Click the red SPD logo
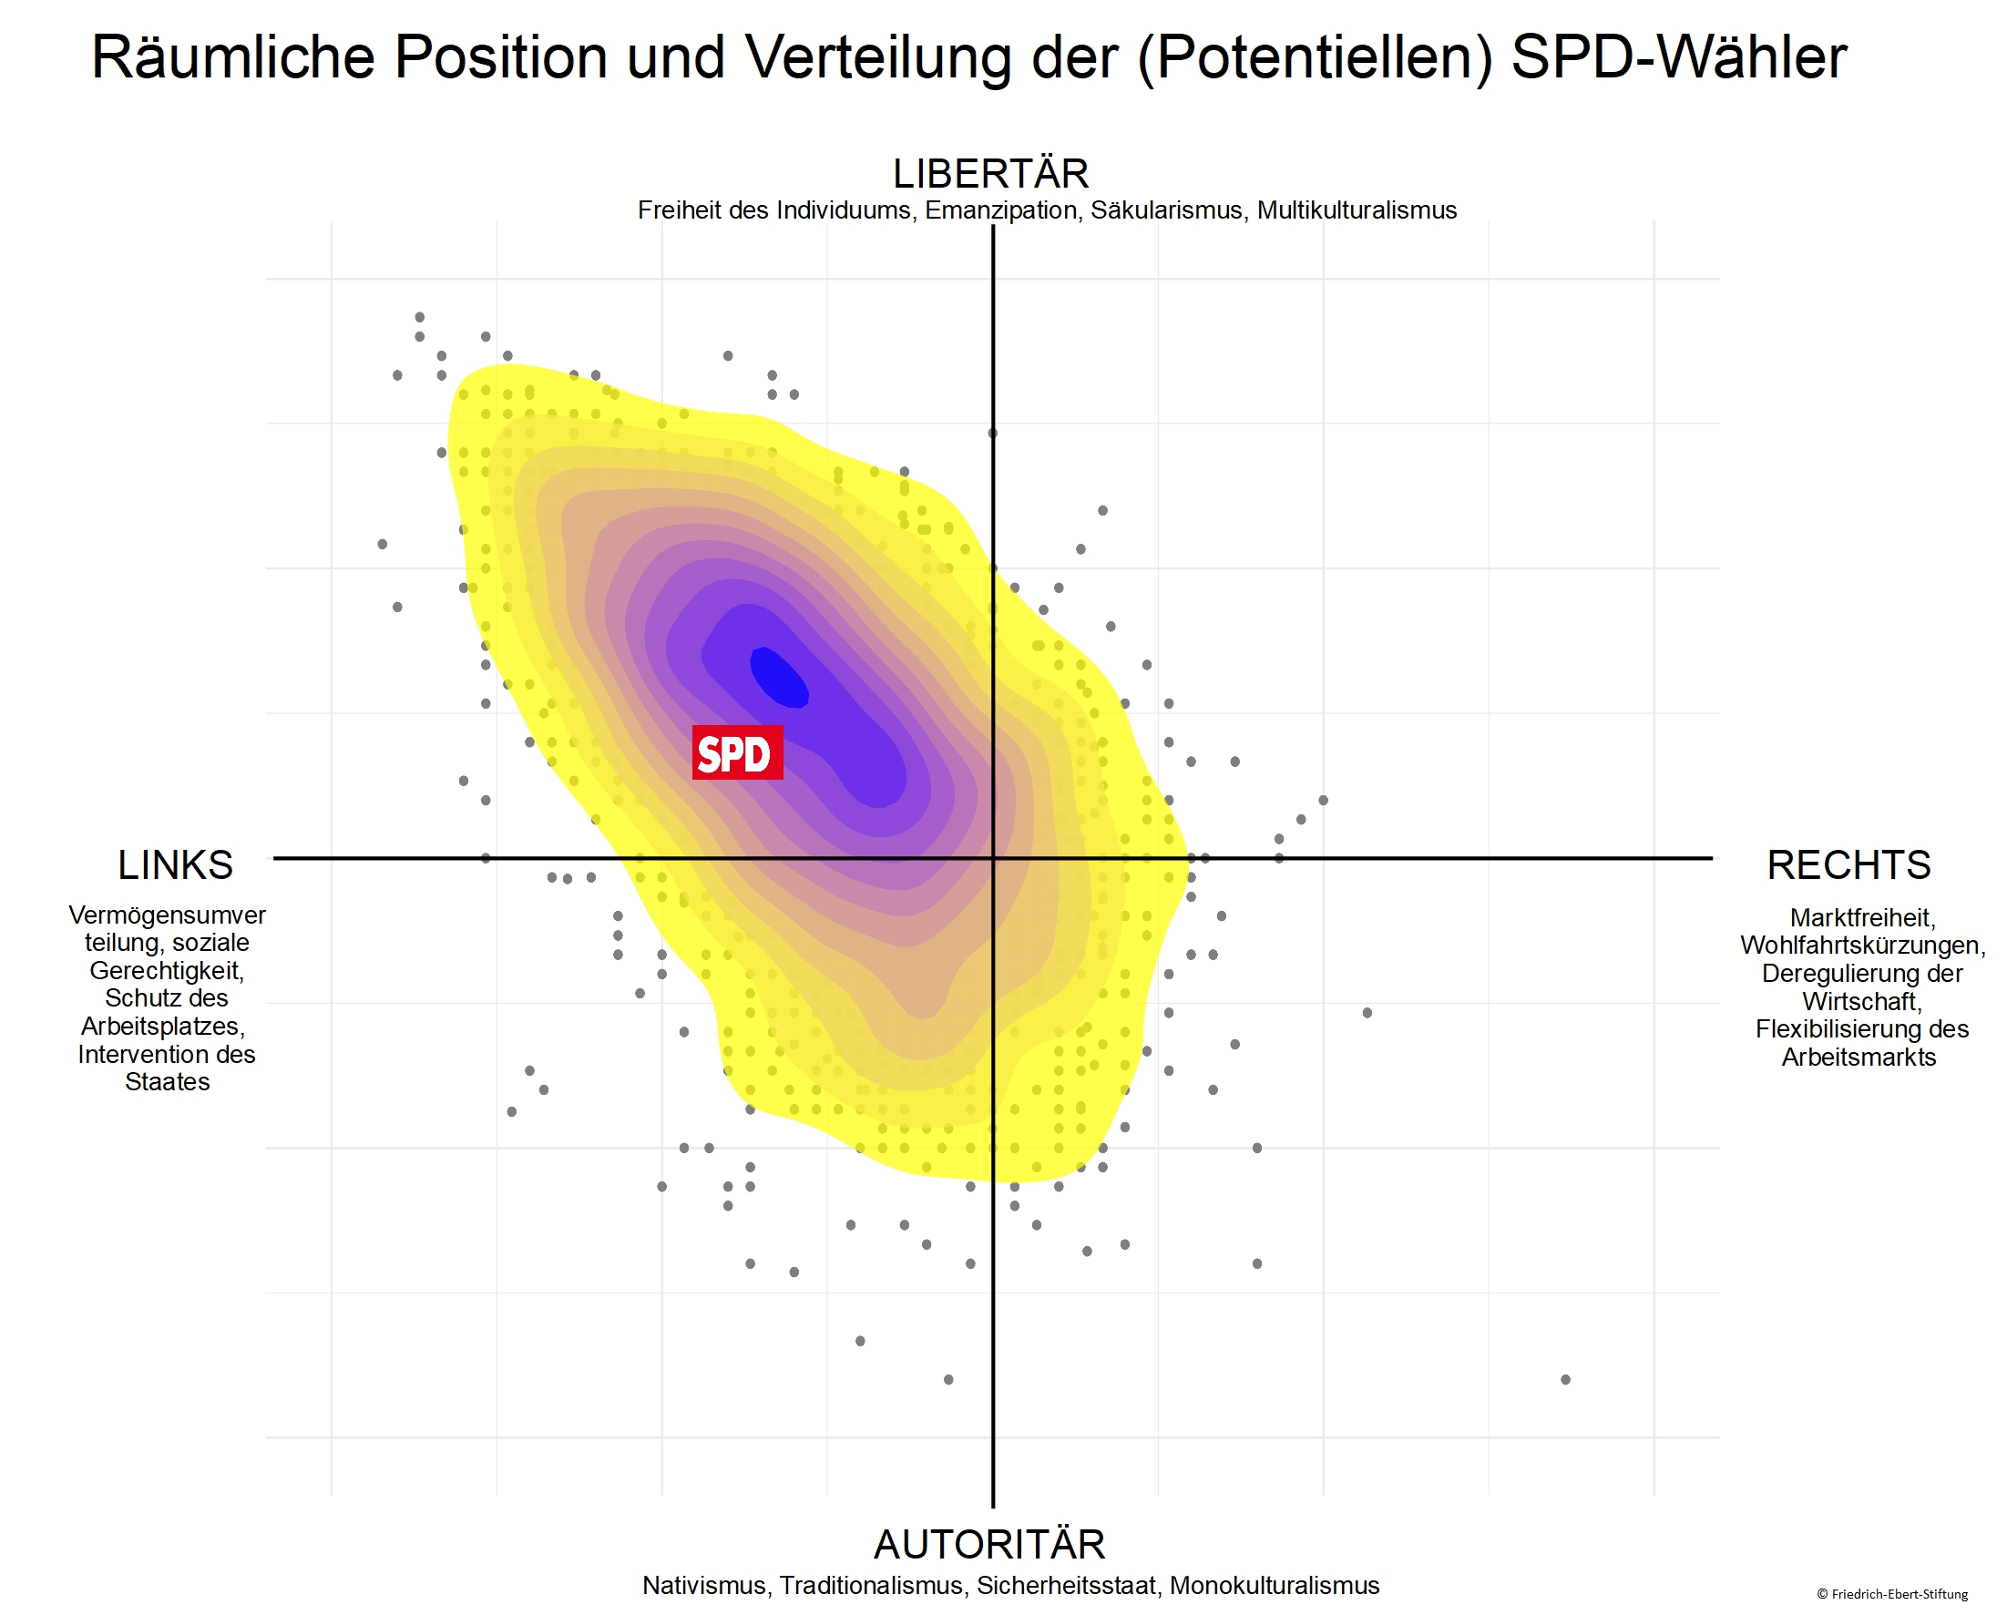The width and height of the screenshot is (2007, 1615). pos(737,752)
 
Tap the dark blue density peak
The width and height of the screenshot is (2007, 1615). pos(779,677)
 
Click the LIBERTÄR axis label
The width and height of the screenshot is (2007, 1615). pos(990,174)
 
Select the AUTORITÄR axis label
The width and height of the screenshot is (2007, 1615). pos(989,1544)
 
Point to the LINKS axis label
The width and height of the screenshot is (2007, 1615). pos(175,864)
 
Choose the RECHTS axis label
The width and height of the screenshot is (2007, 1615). pos(1848,864)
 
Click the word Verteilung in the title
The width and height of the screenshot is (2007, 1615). pos(878,57)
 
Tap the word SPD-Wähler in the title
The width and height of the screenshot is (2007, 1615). pos(1678,57)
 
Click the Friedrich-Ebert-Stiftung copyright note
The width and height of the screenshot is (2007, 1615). pos(1892,1595)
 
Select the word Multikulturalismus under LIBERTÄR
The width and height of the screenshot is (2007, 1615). pos(1357,210)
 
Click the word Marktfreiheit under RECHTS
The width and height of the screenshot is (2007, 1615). pos(1862,918)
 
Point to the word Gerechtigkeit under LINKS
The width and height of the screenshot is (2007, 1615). pos(167,971)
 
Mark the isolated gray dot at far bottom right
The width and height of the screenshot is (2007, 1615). pos(1565,1379)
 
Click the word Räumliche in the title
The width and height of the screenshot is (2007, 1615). pos(232,57)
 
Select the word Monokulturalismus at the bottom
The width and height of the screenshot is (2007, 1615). pos(1275,1585)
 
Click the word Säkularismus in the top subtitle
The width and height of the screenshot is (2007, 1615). pos(1166,210)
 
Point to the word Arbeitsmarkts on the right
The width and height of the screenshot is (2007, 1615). pos(1859,1058)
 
